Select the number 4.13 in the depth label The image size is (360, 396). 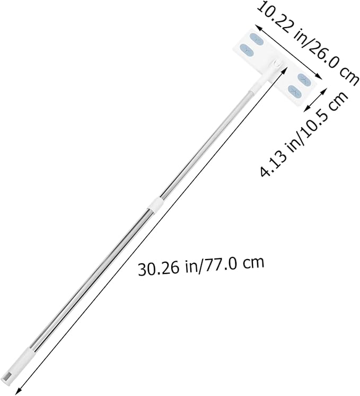coord(274,162)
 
